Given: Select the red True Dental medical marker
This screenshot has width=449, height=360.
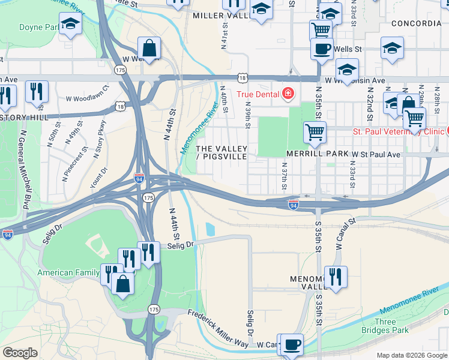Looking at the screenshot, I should pos(289,94).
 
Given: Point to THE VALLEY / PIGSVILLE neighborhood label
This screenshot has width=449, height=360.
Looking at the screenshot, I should pos(221,152).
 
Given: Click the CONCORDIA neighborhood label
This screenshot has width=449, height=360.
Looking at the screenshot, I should pos(416,23).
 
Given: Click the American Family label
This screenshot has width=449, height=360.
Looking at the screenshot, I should pos(68,272).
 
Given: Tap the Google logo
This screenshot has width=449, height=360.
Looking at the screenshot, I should pos(20,353).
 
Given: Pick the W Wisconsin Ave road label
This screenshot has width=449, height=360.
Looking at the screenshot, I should pos(355,80).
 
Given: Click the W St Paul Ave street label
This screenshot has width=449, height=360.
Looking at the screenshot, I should pos(376,154).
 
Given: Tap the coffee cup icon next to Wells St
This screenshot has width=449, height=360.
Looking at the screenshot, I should pos(322,49).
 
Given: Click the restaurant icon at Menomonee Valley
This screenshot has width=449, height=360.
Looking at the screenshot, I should pos(336,277).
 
